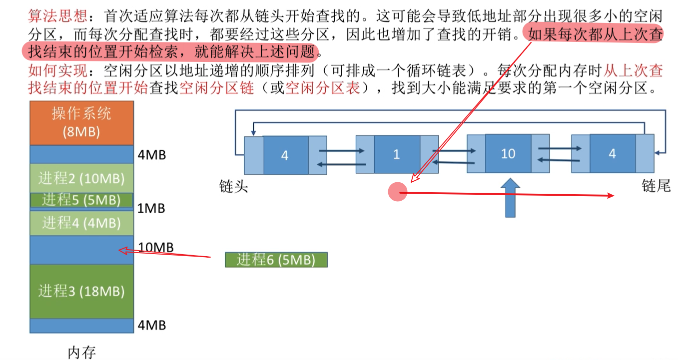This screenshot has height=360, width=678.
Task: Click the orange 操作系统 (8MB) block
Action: click(x=81, y=123)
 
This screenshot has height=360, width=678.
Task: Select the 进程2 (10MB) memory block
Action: click(x=81, y=178)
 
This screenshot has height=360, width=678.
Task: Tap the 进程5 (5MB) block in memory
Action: click(x=81, y=200)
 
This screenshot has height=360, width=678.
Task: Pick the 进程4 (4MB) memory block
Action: click(x=81, y=223)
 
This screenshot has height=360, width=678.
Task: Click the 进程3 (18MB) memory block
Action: click(x=81, y=291)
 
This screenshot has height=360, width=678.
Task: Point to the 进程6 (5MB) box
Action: click(x=276, y=260)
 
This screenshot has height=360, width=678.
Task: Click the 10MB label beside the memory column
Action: click(x=155, y=248)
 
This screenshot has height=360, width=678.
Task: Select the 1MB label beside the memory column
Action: click(x=151, y=208)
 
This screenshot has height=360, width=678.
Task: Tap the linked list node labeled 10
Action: click(x=508, y=153)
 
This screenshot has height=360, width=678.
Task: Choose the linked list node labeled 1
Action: click(x=397, y=154)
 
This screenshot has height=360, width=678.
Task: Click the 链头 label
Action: click(x=234, y=187)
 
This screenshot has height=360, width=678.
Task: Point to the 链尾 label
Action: click(x=656, y=187)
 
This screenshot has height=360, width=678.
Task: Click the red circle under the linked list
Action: click(x=398, y=192)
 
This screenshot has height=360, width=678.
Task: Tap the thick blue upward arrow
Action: click(x=510, y=199)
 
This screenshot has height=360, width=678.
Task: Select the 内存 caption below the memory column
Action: click(x=81, y=353)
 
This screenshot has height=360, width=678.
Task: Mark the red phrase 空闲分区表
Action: click(x=322, y=88)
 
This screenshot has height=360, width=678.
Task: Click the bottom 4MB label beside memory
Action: click(x=152, y=326)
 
